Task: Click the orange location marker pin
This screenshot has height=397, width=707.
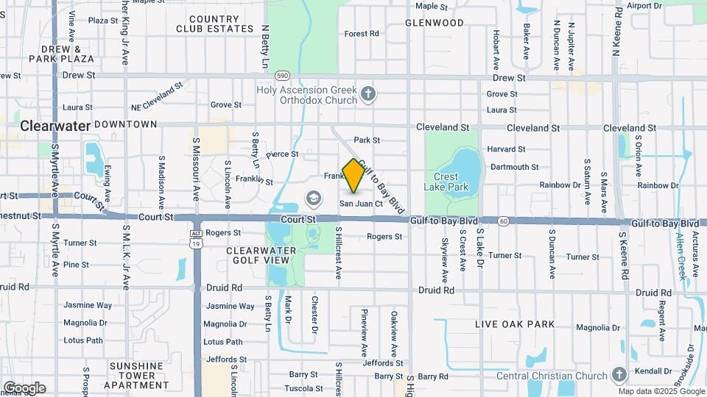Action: point(353,175)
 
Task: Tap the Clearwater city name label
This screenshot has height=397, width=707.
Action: point(55,126)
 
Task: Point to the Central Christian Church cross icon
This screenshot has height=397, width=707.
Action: point(619,376)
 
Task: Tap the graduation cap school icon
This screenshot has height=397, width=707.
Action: point(314,198)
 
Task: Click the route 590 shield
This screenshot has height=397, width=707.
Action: point(282,76)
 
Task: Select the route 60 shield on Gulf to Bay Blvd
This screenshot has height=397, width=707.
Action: point(503,221)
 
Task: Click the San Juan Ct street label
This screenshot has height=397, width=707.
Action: point(361,204)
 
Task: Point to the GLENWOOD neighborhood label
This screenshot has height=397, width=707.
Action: point(435,23)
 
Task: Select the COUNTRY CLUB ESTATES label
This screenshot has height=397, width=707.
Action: point(214,24)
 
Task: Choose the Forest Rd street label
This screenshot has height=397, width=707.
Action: point(361,34)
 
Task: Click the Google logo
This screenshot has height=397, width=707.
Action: point(24,388)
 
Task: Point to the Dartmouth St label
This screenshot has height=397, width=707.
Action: point(514,168)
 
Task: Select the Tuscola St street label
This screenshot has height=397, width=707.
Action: point(303,388)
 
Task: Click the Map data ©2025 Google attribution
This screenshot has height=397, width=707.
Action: point(661,391)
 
